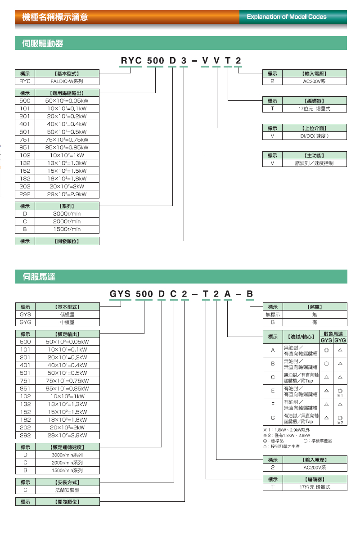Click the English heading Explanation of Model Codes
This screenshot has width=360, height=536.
[287, 17]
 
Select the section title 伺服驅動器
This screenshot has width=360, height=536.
[43, 44]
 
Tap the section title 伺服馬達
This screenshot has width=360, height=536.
[39, 277]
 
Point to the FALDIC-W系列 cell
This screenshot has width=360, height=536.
[67, 81]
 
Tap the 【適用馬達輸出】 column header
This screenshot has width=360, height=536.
[67, 93]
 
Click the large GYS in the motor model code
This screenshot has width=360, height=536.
[120, 294]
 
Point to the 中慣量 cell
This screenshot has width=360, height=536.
[67, 322]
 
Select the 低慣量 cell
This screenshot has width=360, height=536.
[67, 315]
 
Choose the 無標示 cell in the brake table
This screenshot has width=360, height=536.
[273, 315]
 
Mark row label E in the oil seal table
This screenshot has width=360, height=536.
[273, 391]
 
